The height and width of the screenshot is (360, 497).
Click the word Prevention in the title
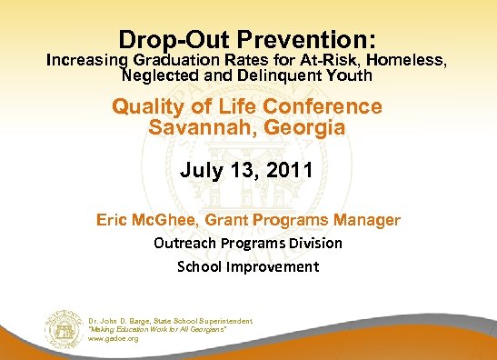point(300,40)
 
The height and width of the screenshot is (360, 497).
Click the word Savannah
point(192,127)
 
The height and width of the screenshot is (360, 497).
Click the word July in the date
point(202,169)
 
